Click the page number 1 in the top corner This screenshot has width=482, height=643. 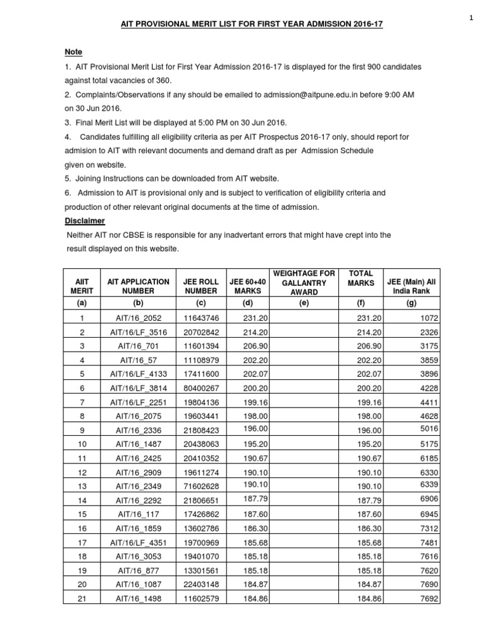(x=470, y=18)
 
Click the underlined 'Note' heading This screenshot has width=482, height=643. (x=73, y=51)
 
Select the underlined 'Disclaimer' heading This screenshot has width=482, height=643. (x=85, y=221)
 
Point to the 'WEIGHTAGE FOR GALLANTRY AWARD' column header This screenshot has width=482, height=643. (x=305, y=283)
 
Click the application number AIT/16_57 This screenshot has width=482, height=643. (x=138, y=359)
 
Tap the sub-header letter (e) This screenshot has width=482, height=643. (x=305, y=303)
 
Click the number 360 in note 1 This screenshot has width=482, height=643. (x=161, y=80)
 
